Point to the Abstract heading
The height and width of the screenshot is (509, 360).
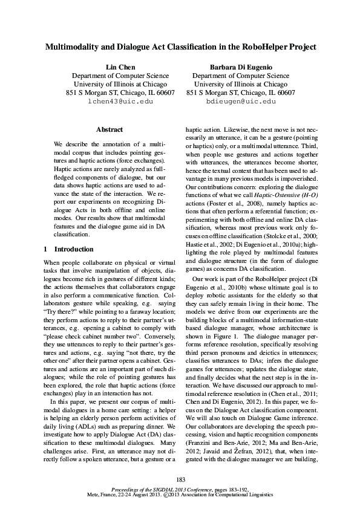tap(109, 129)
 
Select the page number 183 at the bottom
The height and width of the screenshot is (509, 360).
tap(180, 480)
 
